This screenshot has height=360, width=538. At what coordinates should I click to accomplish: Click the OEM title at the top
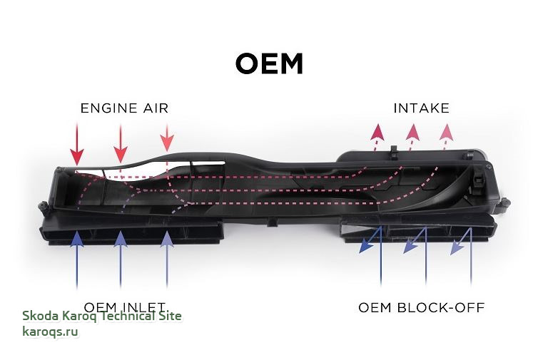269,64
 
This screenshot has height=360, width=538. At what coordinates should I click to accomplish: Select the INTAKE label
421,108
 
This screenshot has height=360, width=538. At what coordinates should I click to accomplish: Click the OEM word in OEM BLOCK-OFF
374,308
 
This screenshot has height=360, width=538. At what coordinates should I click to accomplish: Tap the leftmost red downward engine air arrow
77,155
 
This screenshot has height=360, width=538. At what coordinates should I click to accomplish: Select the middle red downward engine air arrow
121,153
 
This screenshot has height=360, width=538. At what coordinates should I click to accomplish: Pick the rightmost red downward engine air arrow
167,143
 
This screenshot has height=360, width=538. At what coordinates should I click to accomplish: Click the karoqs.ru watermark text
50,331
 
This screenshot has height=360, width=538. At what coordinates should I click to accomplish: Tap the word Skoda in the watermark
39,316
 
